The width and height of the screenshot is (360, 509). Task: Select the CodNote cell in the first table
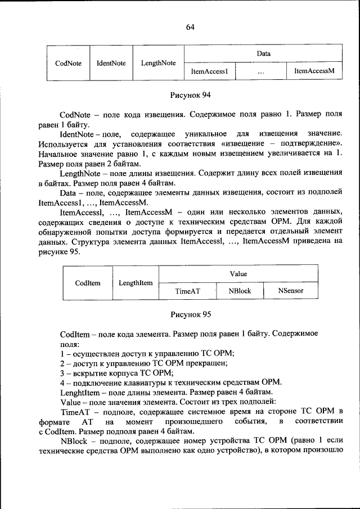click(x=68, y=63)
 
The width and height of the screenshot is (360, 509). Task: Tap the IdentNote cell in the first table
click(x=111, y=63)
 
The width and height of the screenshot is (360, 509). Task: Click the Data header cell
click(x=263, y=54)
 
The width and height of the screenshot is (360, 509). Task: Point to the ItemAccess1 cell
click(x=209, y=71)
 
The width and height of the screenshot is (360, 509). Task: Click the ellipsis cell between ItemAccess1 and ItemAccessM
click(x=260, y=71)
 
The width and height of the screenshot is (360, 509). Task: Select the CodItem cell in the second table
click(x=87, y=283)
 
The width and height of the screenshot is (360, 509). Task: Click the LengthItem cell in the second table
click(x=136, y=283)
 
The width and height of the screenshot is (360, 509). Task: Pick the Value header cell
click(x=238, y=274)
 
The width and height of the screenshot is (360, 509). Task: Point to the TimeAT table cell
click(x=188, y=291)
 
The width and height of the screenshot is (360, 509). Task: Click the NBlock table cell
click(x=240, y=291)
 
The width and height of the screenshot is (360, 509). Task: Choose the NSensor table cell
click(x=290, y=291)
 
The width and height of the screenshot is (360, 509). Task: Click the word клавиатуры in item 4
click(x=137, y=382)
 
